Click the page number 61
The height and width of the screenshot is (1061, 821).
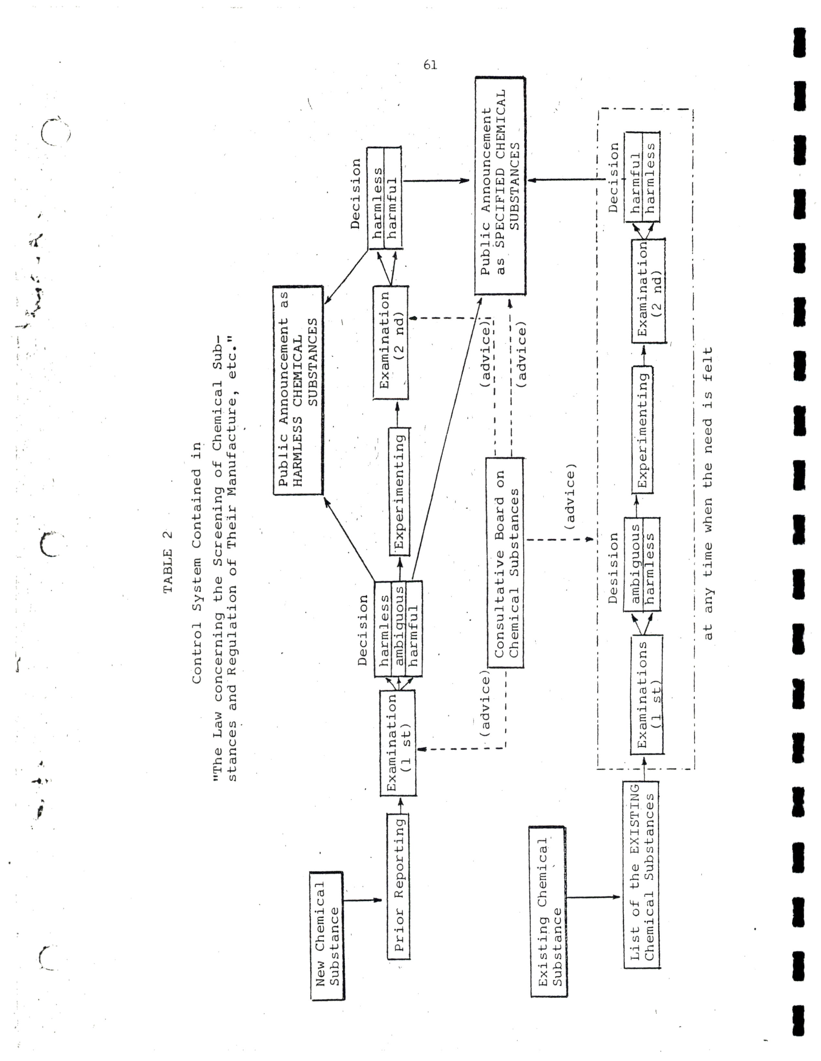point(430,65)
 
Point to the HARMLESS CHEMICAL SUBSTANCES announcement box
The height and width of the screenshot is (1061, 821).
point(298,390)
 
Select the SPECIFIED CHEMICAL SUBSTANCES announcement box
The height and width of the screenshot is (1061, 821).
point(500,186)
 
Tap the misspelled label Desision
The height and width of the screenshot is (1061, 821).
point(613,568)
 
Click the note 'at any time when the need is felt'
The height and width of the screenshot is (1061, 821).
point(708,493)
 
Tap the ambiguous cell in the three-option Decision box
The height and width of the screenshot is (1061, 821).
point(398,629)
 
